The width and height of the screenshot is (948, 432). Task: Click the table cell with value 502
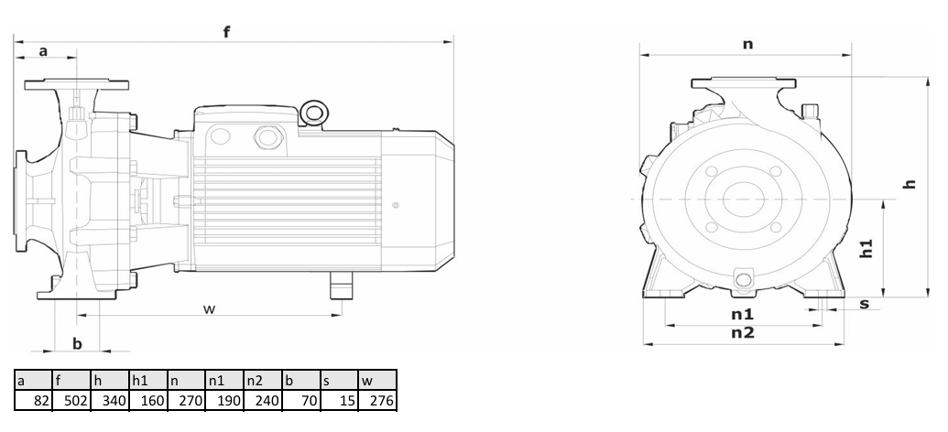pyautogui.click(x=71, y=400)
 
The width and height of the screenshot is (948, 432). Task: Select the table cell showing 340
pyautogui.click(x=109, y=400)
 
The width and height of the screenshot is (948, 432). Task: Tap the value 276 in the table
pyautogui.click(x=377, y=400)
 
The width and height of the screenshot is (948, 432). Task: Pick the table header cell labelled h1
pyautogui.click(x=147, y=380)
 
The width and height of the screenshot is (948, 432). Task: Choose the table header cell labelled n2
pyautogui.click(x=262, y=380)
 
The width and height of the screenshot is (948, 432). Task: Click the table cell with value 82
pyautogui.click(x=33, y=400)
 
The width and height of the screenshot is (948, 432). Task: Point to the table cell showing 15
pyautogui.click(x=339, y=400)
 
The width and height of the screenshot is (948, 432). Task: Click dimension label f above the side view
pyautogui.click(x=227, y=31)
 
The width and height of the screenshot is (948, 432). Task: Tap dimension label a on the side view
pyautogui.click(x=43, y=51)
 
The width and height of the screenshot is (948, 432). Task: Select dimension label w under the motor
pyautogui.click(x=209, y=308)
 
